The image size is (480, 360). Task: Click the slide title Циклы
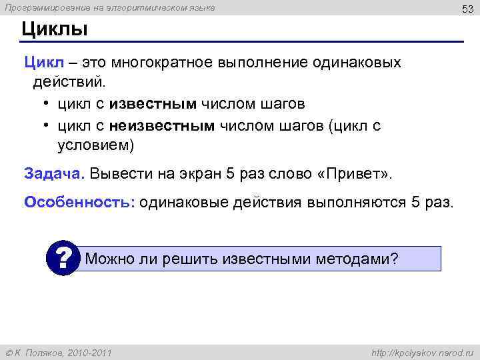(x=55, y=29)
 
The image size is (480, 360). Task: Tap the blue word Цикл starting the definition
(x=44, y=63)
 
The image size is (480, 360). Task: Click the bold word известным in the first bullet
(x=153, y=105)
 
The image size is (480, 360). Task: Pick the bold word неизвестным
(x=162, y=125)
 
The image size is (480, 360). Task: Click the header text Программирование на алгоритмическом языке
(x=110, y=8)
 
